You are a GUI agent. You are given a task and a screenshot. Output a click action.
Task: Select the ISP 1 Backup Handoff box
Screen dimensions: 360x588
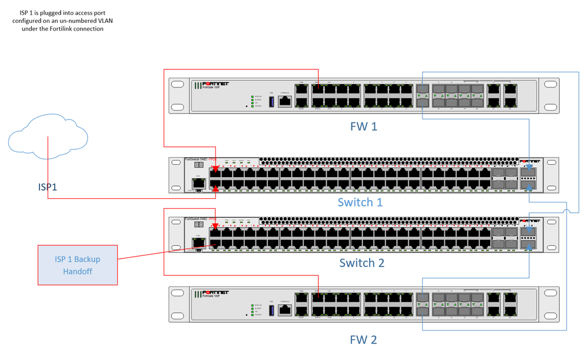pos(78,265)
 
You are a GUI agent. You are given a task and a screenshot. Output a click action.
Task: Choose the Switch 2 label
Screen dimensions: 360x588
pos(361,262)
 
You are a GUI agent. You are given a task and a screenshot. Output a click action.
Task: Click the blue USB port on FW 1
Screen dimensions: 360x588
pos(271,101)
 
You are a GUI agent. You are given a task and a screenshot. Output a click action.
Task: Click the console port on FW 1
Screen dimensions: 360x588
pos(285,101)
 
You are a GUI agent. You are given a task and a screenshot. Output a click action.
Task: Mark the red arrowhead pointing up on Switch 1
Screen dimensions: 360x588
pos(216,189)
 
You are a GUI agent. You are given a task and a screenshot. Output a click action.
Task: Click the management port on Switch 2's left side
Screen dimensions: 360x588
pos(198,242)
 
